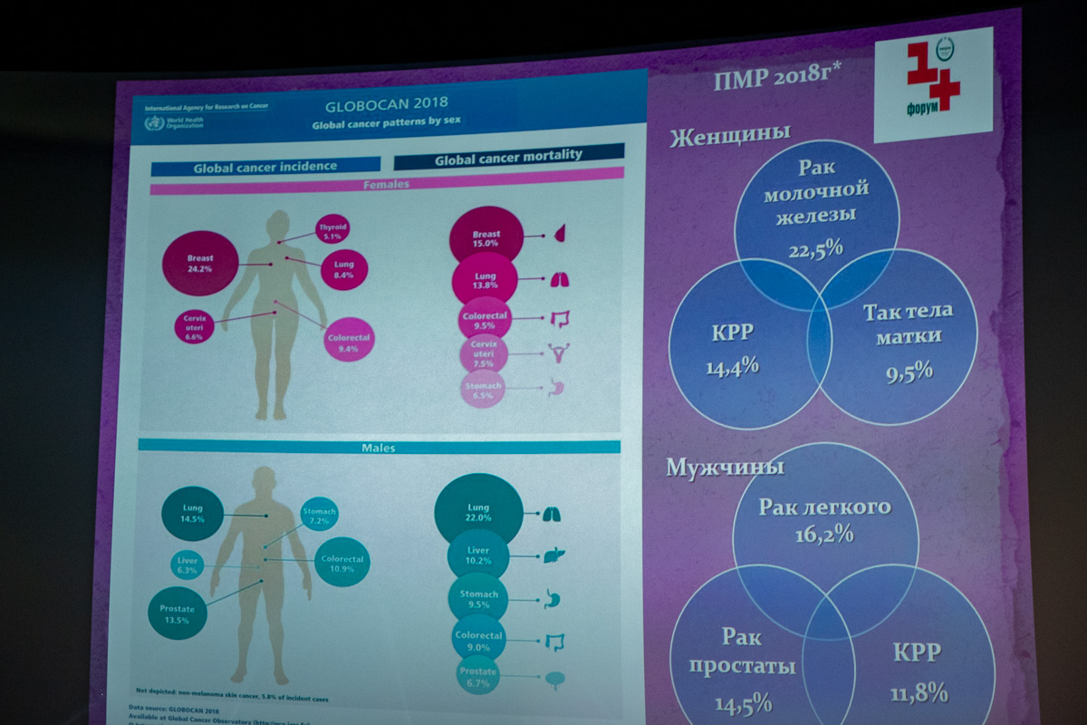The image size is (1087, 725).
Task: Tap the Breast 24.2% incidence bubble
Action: (200, 263)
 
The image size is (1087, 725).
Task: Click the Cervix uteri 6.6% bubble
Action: (193, 327)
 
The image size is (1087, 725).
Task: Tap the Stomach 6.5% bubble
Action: (482, 390)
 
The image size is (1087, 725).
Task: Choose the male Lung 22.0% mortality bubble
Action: (478, 512)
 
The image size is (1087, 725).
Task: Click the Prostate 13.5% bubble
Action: (177, 615)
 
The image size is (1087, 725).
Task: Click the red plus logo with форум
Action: (932, 84)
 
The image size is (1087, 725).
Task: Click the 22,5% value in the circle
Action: (815, 247)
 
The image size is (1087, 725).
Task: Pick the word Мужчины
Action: (725, 468)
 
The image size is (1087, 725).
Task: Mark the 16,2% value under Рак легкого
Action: (824, 534)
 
